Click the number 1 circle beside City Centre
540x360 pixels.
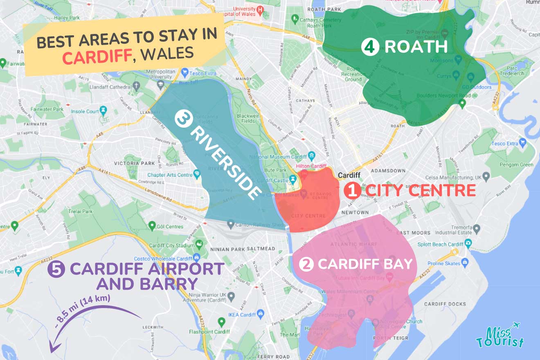pyautogui.click(x=352, y=191)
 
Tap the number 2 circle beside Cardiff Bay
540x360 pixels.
pyautogui.click(x=306, y=264)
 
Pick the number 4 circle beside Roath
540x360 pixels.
pyautogui.click(x=369, y=47)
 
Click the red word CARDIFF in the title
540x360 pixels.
pyautogui.click(x=97, y=56)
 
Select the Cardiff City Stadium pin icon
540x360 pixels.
pyautogui.click(x=199, y=245)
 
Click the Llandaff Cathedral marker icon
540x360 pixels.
pyautogui.click(x=137, y=86)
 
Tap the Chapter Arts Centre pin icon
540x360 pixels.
pyautogui.click(x=197, y=175)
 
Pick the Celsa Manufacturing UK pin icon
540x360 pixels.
pyautogui.click(x=486, y=178)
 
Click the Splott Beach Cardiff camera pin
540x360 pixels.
pyautogui.click(x=468, y=244)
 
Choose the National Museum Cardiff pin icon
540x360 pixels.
pyautogui.click(x=312, y=156)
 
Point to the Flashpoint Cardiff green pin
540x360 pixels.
pyautogui.click(x=221, y=322)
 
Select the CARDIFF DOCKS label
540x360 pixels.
pyautogui.click(x=445, y=304)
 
